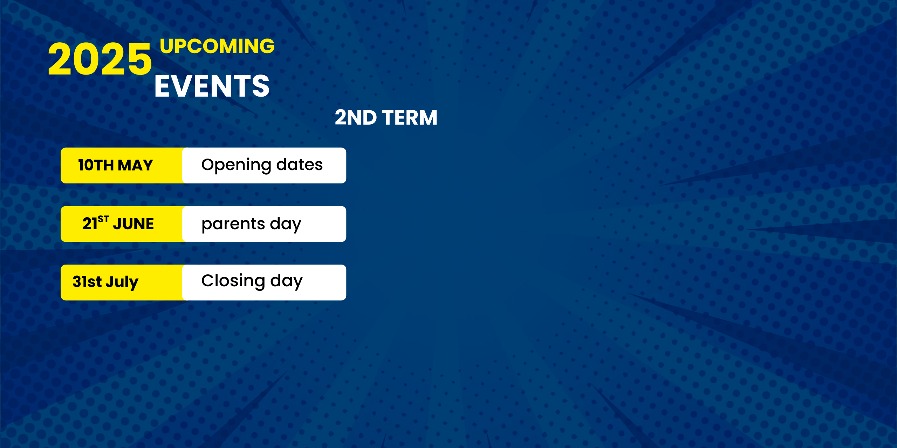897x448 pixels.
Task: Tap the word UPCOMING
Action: click(x=217, y=46)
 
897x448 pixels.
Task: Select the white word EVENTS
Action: click(x=212, y=86)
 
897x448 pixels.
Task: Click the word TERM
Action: click(x=410, y=117)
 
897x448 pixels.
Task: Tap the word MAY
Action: click(x=136, y=165)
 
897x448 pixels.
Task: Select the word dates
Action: click(x=299, y=164)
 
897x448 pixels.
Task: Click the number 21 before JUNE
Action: click(x=90, y=224)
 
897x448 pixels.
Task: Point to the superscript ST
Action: click(x=103, y=219)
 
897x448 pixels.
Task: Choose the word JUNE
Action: click(x=133, y=224)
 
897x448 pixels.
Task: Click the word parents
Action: click(x=233, y=224)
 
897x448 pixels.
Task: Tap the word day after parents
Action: click(x=286, y=224)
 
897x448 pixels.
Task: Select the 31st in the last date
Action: click(x=87, y=281)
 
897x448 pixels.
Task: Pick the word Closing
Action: click(x=233, y=281)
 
